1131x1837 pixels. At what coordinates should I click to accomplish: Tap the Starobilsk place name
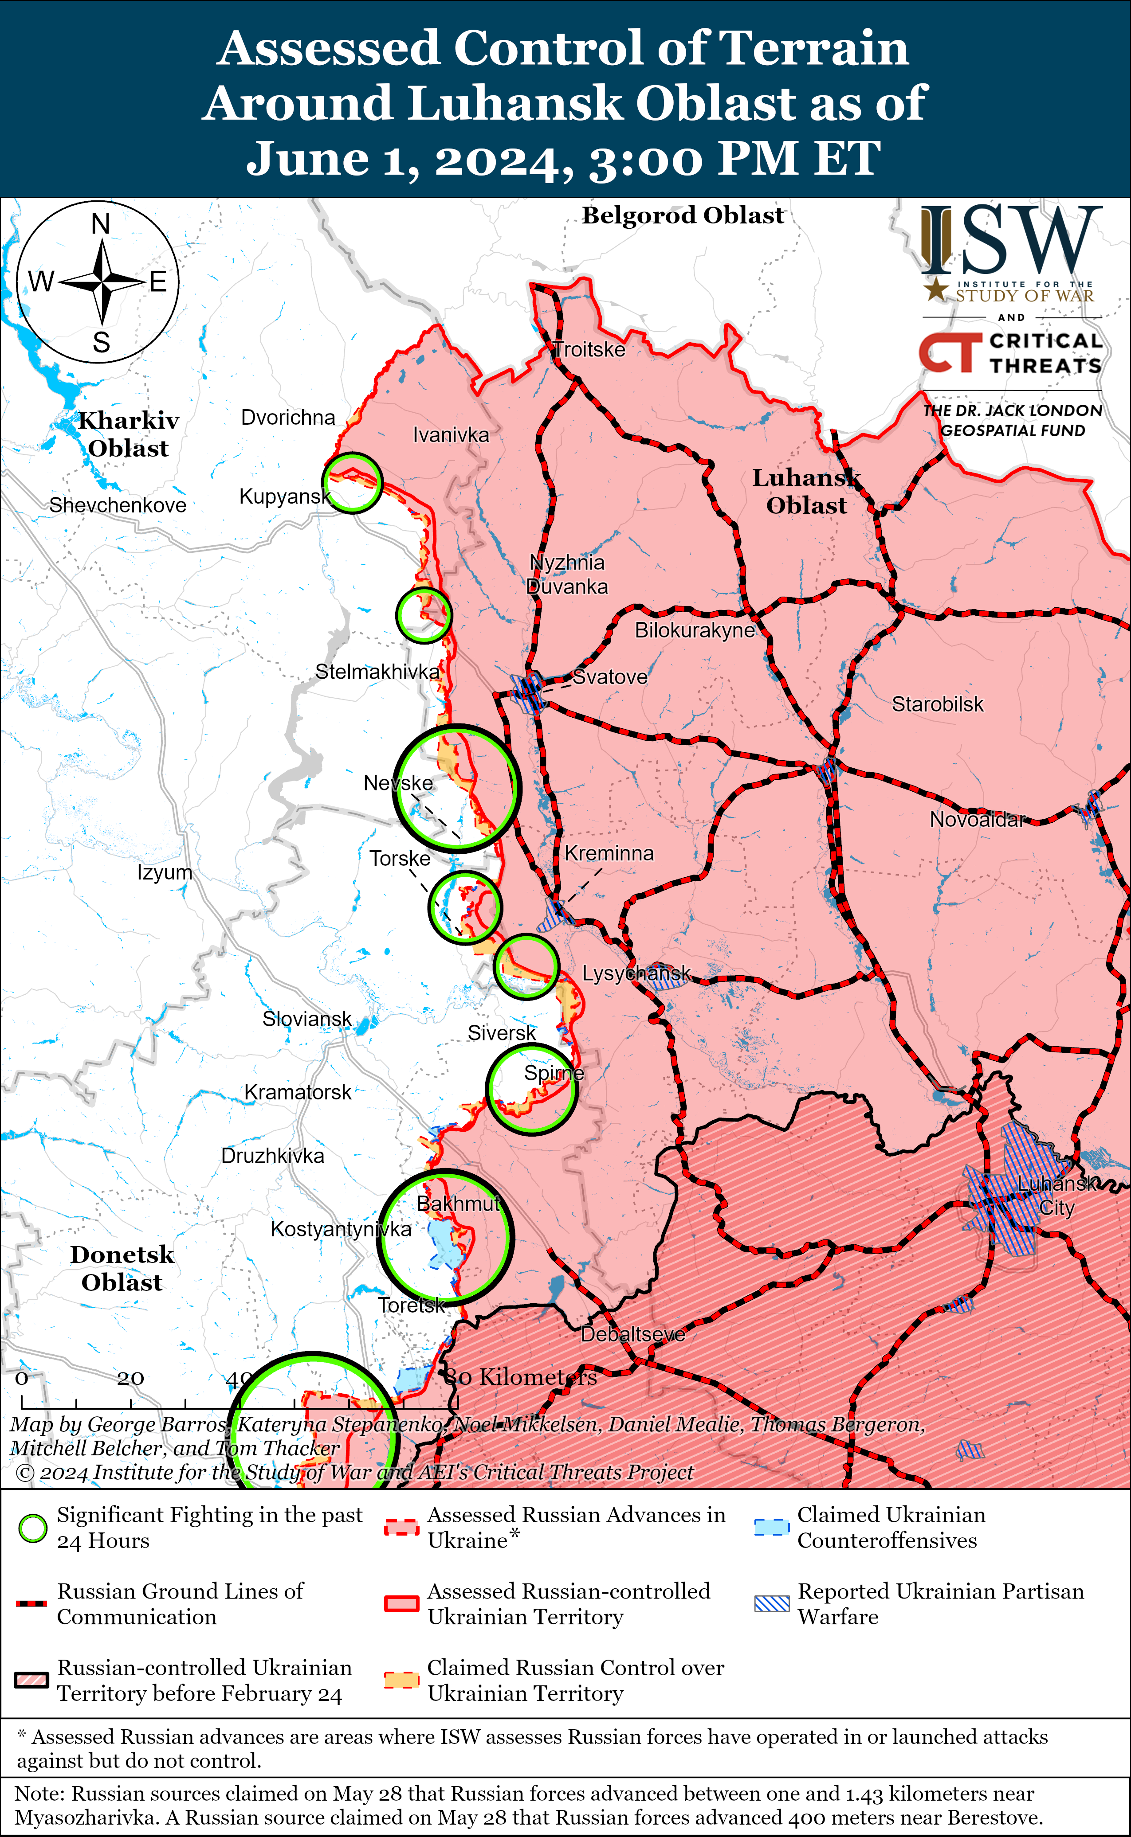937,704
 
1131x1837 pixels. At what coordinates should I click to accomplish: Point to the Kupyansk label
284,496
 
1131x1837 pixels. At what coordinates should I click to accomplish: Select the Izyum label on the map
165,872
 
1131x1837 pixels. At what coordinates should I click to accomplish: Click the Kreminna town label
609,853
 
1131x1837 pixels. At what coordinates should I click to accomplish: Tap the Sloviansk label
306,1019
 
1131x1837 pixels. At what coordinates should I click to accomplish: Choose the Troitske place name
589,350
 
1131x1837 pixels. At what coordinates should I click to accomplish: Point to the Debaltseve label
633,1335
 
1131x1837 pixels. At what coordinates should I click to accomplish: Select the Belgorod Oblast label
683,215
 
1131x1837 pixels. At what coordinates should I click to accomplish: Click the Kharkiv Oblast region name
129,434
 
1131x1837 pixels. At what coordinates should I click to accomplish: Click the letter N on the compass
100,223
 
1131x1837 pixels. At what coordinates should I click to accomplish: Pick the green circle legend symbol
32,1528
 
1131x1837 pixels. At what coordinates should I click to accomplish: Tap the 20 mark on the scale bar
130,1378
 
